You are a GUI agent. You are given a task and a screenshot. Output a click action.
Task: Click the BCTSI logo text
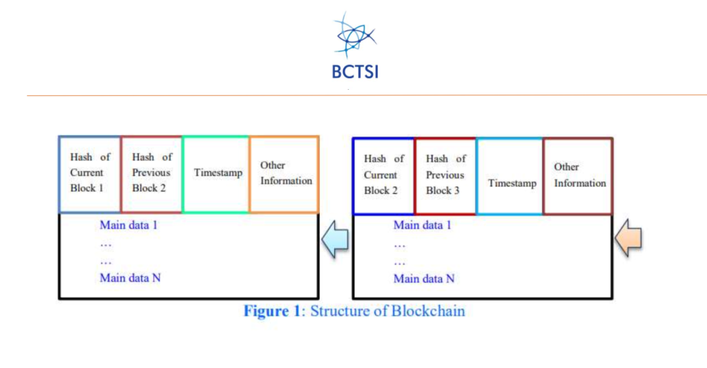click(353, 71)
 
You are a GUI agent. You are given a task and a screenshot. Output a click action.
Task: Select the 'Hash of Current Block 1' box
click(89, 174)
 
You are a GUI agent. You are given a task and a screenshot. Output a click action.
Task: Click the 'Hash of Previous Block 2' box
click(151, 174)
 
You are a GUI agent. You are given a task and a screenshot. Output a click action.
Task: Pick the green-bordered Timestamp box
click(215, 174)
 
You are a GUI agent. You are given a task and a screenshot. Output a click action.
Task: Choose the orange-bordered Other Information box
click(284, 174)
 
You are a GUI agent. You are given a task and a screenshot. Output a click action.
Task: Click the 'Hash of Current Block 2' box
click(383, 175)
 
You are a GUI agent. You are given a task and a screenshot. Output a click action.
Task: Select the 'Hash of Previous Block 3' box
click(445, 175)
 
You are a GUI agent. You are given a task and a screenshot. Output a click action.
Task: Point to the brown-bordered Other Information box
click(578, 175)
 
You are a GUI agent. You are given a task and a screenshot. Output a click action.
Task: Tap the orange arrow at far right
click(629, 238)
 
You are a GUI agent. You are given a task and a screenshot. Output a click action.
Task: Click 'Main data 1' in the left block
click(130, 225)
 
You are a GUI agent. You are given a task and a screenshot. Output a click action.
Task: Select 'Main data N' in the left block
click(130, 278)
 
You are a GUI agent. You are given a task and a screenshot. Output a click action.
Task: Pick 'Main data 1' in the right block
click(423, 225)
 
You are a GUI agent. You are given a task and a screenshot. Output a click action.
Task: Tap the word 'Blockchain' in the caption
click(428, 311)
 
